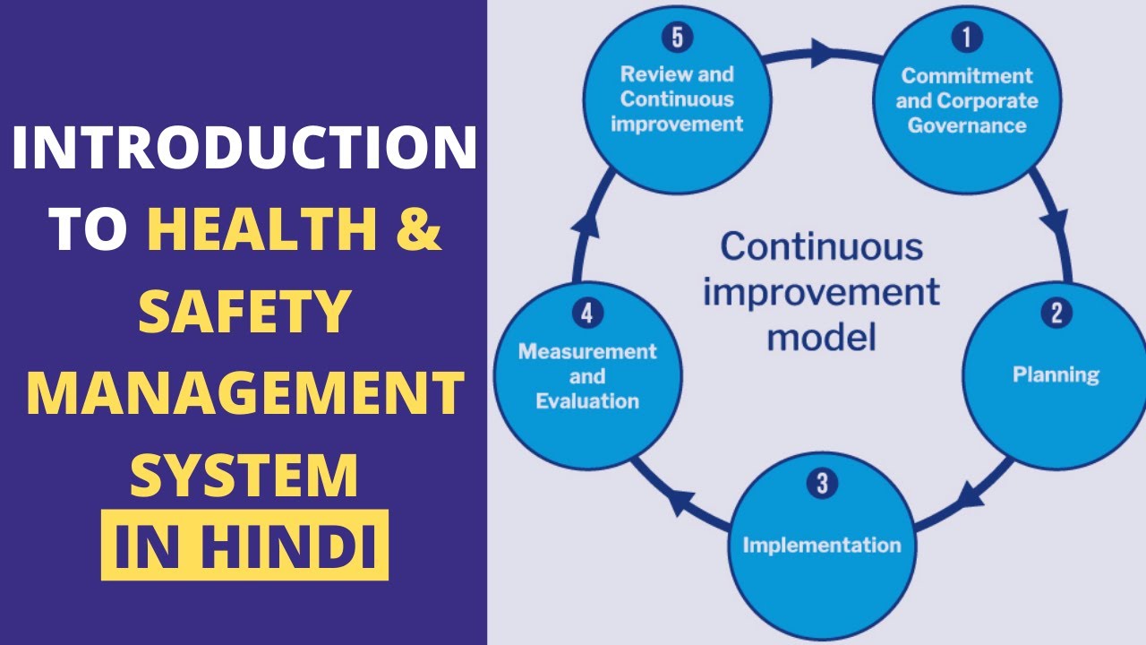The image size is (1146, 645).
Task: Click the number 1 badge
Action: click(966, 38)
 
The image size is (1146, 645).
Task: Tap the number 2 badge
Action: click(1056, 313)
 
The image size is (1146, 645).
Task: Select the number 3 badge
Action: click(822, 484)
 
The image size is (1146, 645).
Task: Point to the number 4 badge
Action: click(586, 314)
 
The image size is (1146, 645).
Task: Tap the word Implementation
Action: click(822, 544)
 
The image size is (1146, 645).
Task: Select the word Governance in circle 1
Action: click(967, 125)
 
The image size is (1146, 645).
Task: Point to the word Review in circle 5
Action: click(650, 74)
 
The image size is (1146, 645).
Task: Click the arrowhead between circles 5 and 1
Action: click(821, 53)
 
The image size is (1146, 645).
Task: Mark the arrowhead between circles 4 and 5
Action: click(586, 225)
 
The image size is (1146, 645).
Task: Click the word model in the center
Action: click(821, 338)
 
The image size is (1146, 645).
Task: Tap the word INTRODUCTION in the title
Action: click(244, 150)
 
